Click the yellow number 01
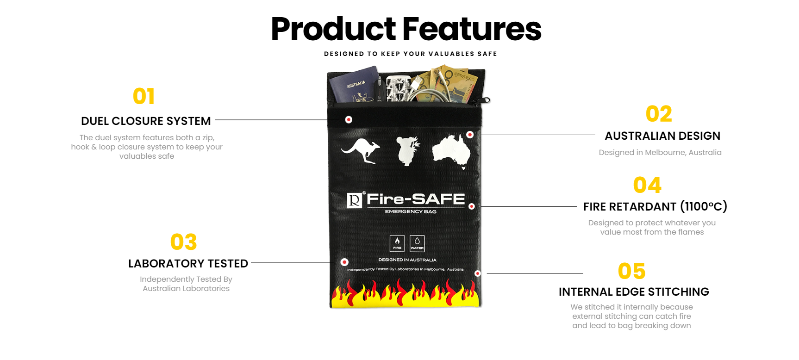click(144, 96)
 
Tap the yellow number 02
click(659, 114)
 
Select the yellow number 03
click(184, 242)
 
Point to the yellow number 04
click(647, 185)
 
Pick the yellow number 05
click(631, 271)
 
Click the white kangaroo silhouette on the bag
click(361, 150)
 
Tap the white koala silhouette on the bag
click(408, 151)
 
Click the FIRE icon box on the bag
click(397, 243)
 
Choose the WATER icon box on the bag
click(417, 243)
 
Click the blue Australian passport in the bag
click(354, 85)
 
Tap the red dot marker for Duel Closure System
click(349, 120)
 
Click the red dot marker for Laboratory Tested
click(344, 262)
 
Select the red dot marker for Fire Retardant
click(472, 206)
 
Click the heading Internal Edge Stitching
click(634, 292)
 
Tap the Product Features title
click(406, 29)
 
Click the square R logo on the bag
click(355, 200)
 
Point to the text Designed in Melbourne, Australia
click(660, 152)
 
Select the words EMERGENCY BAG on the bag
click(411, 211)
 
